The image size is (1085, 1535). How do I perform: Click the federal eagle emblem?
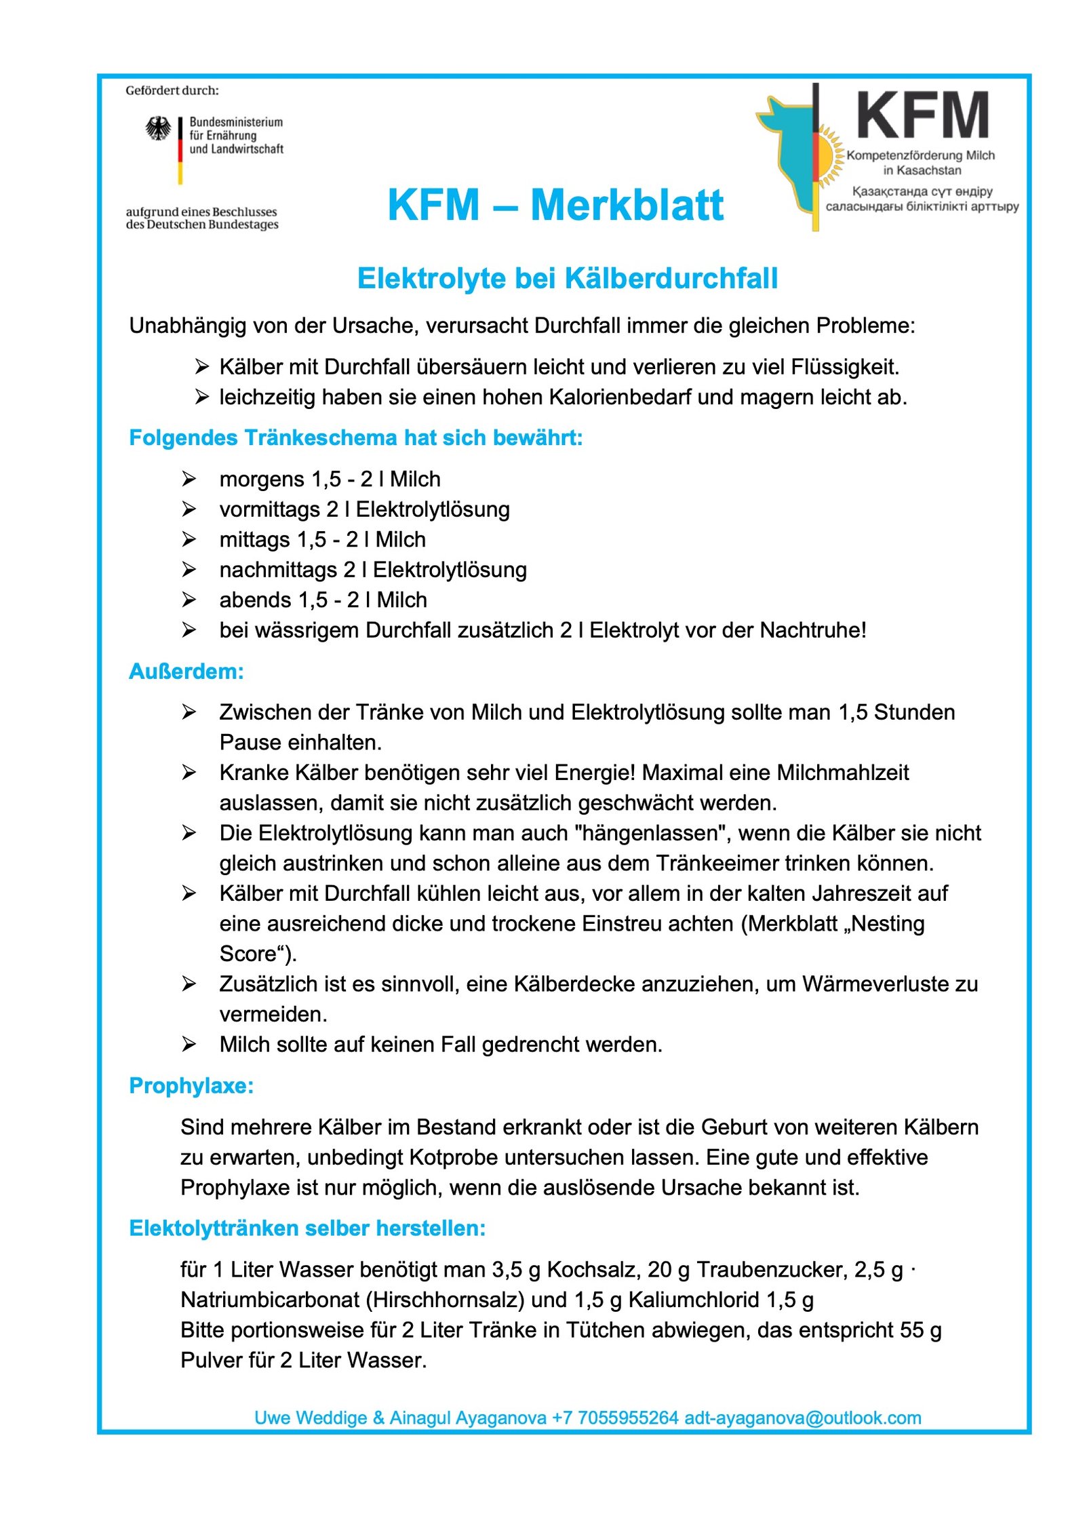coord(158,128)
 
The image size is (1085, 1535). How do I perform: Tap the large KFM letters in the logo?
coord(922,116)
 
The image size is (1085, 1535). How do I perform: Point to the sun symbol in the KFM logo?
coord(825,157)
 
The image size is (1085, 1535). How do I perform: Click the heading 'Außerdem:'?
coord(186,672)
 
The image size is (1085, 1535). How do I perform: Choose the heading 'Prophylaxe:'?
coord(191,1085)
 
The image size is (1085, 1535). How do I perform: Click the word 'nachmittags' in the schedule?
coord(278,570)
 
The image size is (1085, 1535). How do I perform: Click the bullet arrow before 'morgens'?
coord(189,479)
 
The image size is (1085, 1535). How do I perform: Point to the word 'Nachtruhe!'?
coord(812,630)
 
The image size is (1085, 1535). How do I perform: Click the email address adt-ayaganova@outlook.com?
coord(803,1418)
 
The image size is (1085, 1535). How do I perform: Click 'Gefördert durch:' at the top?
coord(172,90)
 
